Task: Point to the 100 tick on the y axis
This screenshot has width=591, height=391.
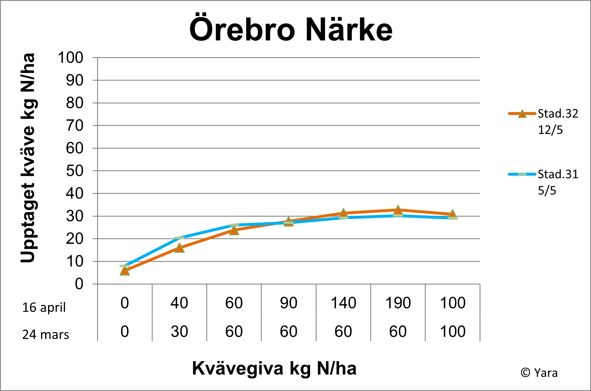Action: pyautogui.click(x=71, y=57)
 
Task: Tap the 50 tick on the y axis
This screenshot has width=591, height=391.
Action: pyautogui.click(x=75, y=171)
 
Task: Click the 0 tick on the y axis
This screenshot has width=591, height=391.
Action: pyautogui.click(x=79, y=284)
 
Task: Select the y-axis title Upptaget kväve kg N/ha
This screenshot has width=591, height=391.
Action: pyautogui.click(x=28, y=158)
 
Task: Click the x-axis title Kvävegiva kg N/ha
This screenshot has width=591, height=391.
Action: pyautogui.click(x=274, y=368)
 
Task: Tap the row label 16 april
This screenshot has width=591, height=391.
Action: pyautogui.click(x=44, y=307)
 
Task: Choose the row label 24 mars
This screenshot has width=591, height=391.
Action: pyautogui.click(x=46, y=334)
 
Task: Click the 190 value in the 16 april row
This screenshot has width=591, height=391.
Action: pyautogui.click(x=398, y=303)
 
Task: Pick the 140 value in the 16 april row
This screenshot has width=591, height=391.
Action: pyautogui.click(x=343, y=303)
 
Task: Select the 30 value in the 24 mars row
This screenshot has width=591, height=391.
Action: pyautogui.click(x=179, y=331)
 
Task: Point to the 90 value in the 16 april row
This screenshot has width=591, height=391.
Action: pyautogui.click(x=288, y=303)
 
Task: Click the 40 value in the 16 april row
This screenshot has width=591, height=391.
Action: pyautogui.click(x=179, y=303)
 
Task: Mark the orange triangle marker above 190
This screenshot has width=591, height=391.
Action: pyautogui.click(x=398, y=210)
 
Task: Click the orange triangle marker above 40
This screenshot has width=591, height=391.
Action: pyautogui.click(x=179, y=248)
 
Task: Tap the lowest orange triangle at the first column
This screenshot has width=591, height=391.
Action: pyautogui.click(x=125, y=271)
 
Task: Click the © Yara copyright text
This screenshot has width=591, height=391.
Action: pyautogui.click(x=539, y=373)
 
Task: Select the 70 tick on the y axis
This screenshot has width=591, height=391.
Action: pyautogui.click(x=75, y=126)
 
